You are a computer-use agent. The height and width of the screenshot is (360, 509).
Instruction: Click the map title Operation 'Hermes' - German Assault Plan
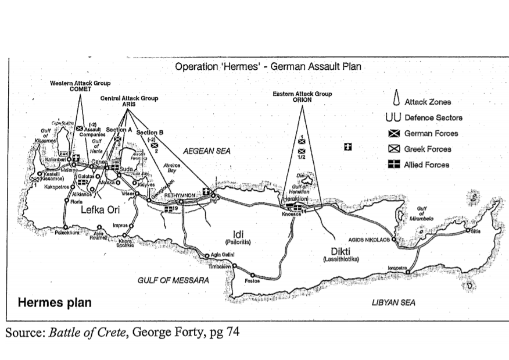tap(268, 66)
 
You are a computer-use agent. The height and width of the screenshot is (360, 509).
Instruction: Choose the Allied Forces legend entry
tap(426, 165)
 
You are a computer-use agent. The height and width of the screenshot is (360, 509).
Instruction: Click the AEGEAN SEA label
tap(207, 151)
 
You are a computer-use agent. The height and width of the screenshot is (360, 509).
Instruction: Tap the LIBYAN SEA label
tap(393, 302)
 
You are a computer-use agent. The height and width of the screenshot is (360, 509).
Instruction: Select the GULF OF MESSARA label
tap(173, 280)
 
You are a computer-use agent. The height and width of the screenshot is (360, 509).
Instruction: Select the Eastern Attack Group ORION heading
tap(302, 97)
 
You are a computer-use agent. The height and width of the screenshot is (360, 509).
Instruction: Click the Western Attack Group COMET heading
tap(80, 85)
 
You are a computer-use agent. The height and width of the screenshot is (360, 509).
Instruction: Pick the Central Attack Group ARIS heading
tap(129, 101)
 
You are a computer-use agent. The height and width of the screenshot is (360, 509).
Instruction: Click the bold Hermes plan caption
tap(55, 303)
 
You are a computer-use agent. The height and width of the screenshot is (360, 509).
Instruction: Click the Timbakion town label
tap(219, 266)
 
